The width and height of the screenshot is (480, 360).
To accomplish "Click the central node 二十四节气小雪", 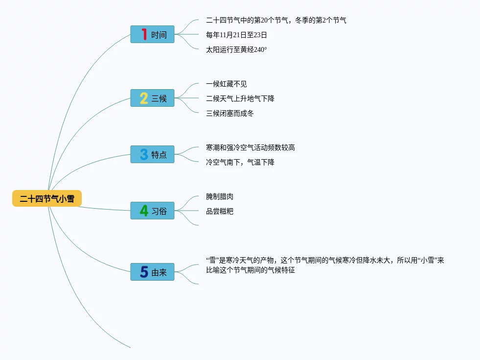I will coord(47,198).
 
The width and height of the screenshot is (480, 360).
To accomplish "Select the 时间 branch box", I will coord(152,34).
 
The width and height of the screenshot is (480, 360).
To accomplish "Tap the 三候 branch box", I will coord(152,98).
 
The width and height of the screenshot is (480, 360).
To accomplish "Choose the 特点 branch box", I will coord(152,154).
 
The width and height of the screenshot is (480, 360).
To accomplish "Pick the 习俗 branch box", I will coord(152,211).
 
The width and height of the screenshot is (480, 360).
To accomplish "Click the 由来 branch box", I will coord(152,272).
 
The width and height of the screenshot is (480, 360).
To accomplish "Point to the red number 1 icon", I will coord(144,34).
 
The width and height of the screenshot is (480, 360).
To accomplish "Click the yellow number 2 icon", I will coord(144,98).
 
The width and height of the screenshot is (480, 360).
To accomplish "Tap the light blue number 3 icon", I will coord(144,154).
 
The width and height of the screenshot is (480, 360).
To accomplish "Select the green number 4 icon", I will coord(144,211).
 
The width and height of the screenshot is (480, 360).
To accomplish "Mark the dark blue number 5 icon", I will coord(144,272).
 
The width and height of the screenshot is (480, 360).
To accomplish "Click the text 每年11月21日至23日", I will coord(236,35).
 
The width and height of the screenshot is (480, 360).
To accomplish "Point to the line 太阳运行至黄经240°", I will coord(236,49).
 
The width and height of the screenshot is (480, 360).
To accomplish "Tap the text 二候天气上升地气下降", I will coord(240,98).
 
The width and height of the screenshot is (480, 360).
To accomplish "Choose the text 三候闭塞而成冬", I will coord(230,113).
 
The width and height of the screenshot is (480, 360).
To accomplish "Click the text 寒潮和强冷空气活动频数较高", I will coord(251,147).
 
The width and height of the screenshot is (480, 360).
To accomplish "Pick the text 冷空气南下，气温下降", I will coord(240,162).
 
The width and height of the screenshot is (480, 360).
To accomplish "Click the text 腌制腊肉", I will coord(220,196).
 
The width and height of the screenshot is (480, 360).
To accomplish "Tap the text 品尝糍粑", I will coord(220,211).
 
